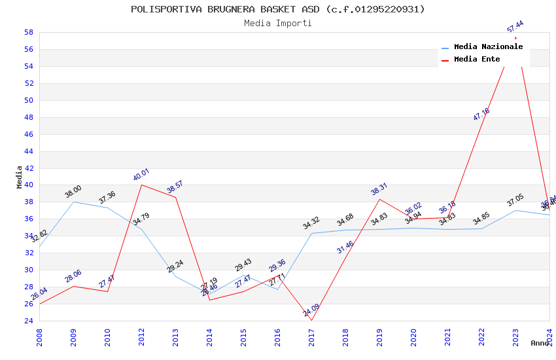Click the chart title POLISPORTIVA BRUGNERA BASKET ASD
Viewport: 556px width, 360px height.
pyautogui.click(x=277, y=9)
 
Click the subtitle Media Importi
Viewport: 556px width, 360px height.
pyautogui.click(x=277, y=23)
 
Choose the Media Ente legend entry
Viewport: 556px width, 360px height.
pyautogui.click(x=476, y=59)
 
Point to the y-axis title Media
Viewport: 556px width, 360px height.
pyautogui.click(x=20, y=177)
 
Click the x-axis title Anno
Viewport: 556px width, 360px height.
pyautogui.click(x=540, y=343)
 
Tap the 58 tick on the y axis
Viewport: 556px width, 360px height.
pyautogui.click(x=29, y=32)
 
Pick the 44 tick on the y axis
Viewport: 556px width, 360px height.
pyautogui.click(x=29, y=151)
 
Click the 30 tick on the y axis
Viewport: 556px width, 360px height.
pyautogui.click(x=29, y=270)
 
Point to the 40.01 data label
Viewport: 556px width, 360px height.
pyautogui.click(x=141, y=175)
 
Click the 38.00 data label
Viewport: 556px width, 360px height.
pyautogui.click(x=73, y=192)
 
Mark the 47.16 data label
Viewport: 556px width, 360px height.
pyautogui.click(x=481, y=114)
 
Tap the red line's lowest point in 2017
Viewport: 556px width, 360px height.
pyautogui.click(x=311, y=320)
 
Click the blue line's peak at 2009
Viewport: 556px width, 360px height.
pyautogui.click(x=73, y=202)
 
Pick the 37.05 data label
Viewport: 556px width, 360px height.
pyautogui.click(x=515, y=200)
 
